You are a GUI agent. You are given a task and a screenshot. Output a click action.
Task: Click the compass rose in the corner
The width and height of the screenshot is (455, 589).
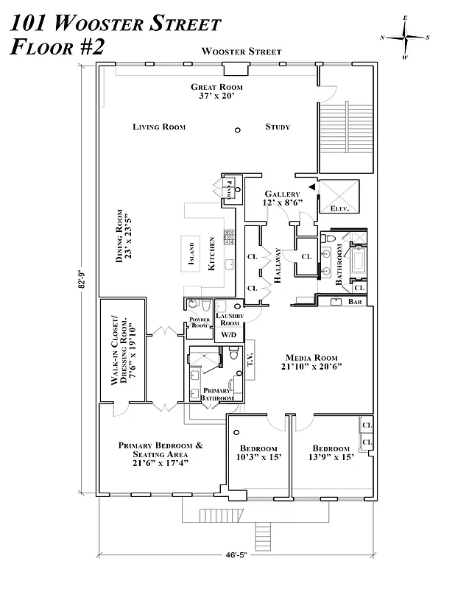tap(406, 36)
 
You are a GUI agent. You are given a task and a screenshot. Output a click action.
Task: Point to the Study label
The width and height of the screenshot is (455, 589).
tap(278, 127)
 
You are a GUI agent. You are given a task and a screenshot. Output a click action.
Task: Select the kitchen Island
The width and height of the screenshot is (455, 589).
tap(191, 253)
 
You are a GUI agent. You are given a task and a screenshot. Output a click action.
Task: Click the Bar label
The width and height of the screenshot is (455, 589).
tap(356, 302)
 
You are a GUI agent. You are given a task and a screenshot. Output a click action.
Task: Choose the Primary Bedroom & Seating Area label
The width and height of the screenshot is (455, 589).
tap(161, 454)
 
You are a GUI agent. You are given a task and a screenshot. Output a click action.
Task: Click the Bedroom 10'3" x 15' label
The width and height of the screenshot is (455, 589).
tap(258, 453)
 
